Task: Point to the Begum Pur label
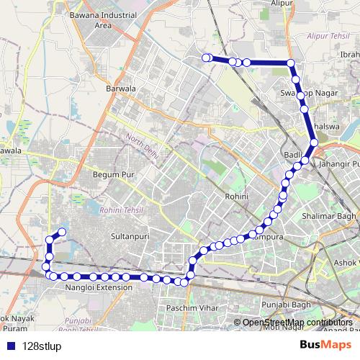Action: tap(109, 174)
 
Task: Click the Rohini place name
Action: tap(236, 197)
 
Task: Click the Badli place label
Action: tap(291, 154)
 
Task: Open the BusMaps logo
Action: tap(325, 344)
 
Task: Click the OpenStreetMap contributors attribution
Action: tap(297, 322)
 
